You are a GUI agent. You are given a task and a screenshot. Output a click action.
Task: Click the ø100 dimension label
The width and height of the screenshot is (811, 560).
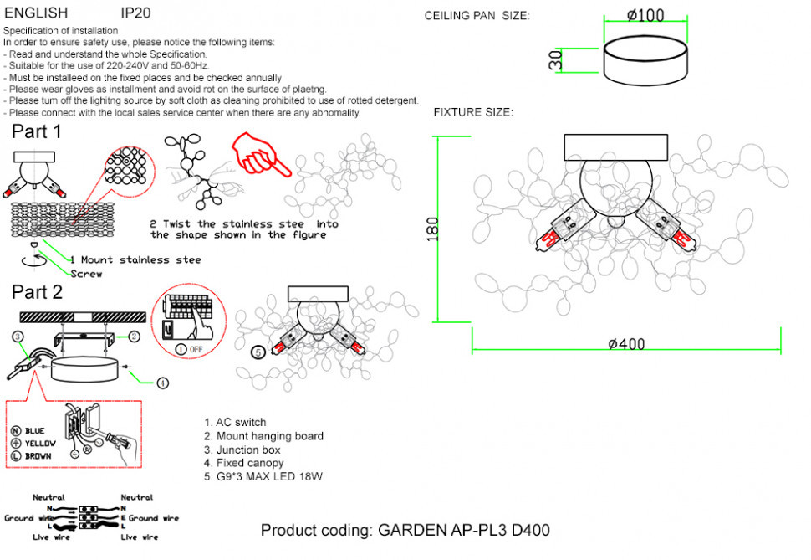(645, 15)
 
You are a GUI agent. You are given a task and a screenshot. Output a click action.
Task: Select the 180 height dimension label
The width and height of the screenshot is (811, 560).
(432, 229)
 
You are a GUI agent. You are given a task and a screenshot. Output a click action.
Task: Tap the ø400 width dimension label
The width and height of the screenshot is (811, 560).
(626, 344)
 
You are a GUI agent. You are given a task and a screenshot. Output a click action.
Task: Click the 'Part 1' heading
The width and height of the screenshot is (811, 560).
(37, 131)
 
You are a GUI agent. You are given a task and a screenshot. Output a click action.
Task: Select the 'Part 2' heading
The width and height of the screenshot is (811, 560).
(37, 292)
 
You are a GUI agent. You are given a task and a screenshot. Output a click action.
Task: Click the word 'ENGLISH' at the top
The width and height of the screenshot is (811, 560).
(36, 13)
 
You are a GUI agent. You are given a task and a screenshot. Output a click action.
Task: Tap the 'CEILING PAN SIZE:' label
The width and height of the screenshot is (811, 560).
(477, 16)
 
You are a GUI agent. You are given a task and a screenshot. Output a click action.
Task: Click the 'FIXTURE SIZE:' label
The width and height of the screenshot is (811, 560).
(472, 112)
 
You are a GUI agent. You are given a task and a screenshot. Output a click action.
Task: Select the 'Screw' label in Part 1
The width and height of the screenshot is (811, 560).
(86, 274)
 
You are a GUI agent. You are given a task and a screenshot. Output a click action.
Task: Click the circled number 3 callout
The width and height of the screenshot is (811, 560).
(18, 337)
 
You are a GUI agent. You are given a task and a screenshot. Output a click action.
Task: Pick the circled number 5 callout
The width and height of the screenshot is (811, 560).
(258, 352)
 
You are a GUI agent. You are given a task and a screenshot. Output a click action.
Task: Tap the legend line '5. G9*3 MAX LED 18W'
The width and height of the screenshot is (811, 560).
(263, 476)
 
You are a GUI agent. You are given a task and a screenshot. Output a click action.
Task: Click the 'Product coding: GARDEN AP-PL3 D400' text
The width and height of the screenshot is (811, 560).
(405, 531)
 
